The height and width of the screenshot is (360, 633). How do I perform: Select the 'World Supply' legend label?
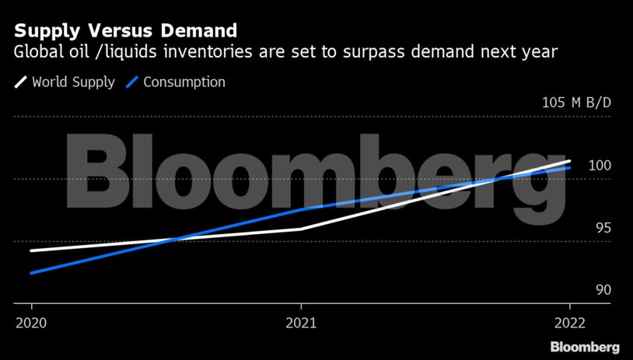(73, 82)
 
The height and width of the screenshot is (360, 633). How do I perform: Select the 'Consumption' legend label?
(184, 82)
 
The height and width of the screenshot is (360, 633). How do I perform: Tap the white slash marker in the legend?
(20, 82)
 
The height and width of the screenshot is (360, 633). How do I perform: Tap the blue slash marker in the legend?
(132, 82)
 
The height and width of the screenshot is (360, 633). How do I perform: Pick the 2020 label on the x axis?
(30, 322)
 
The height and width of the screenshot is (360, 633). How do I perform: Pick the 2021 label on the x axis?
(301, 322)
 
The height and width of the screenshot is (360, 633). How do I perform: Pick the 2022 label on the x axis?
(570, 322)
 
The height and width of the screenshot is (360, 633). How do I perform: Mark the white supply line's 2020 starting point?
(30, 250)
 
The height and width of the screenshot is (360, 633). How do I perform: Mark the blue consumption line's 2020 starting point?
(30, 273)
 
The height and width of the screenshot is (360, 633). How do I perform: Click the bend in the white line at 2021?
(301, 229)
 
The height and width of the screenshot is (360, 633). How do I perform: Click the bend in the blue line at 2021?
(301, 209)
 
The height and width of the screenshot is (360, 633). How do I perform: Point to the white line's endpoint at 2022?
(570, 161)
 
